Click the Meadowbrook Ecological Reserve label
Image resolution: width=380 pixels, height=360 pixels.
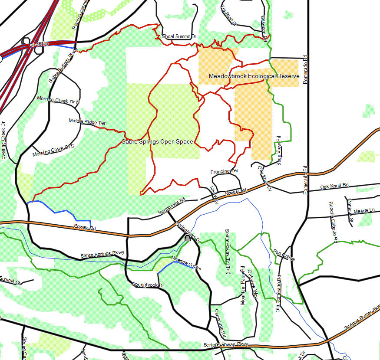(x=254, y=76)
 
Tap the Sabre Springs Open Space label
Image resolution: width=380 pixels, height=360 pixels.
(x=157, y=141)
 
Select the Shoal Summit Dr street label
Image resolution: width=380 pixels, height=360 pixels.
(x=179, y=36)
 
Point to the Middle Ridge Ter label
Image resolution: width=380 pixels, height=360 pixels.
(x=87, y=122)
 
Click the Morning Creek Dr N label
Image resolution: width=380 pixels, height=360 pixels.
(x=58, y=100)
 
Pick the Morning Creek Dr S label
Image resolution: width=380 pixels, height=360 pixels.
(x=53, y=151)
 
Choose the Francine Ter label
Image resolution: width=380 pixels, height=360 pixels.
(x=225, y=172)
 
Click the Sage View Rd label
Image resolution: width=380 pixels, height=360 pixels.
(x=279, y=151)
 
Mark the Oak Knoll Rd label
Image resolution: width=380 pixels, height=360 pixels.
(x=334, y=186)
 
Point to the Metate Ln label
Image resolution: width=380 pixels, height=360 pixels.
(x=364, y=211)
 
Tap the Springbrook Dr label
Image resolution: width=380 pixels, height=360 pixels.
(x=148, y=285)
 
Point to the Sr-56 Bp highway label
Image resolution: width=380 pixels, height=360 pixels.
(x=38, y=45)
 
